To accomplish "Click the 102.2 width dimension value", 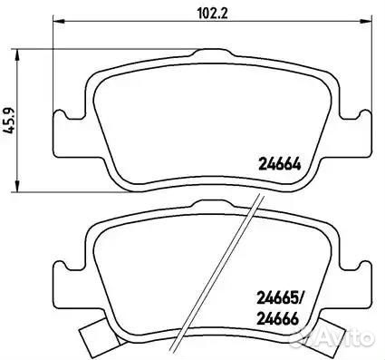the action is (212, 14).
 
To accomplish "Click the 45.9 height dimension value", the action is (9, 120).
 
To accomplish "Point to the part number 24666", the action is (277, 318).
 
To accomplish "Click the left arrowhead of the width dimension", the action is (59, 21).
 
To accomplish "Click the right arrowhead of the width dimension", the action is (364, 21).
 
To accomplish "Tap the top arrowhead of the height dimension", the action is (18, 55).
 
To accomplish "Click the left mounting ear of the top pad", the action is (69, 133).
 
